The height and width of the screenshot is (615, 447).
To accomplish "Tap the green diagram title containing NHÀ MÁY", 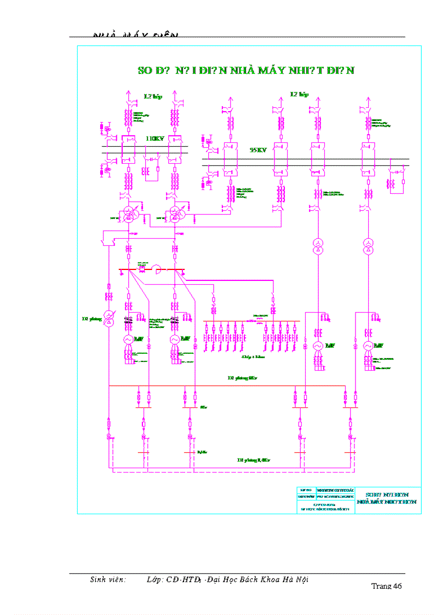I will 246,71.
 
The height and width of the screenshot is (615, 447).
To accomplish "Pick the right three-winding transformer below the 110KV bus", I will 176,213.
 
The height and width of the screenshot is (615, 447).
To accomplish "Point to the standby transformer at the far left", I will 108,319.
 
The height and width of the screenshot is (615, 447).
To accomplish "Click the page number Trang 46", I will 387,586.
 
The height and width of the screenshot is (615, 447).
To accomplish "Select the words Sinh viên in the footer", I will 108,579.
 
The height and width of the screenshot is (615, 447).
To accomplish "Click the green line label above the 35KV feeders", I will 299,94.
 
